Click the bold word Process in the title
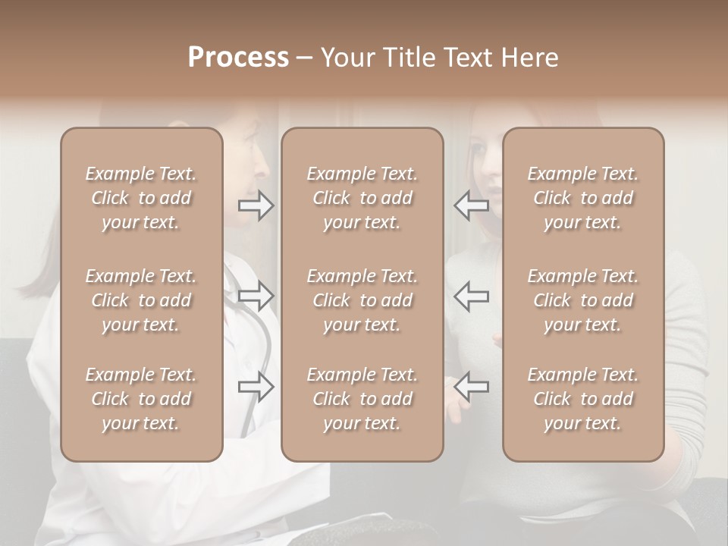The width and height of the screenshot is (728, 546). tap(238, 58)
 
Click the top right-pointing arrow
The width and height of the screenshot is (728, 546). tap(256, 206)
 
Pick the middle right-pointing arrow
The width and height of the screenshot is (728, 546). tap(256, 296)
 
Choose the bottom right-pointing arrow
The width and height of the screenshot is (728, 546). tap(256, 387)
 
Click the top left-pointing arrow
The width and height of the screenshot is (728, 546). tap(471, 206)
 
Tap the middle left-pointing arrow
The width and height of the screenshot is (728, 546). tap(471, 296)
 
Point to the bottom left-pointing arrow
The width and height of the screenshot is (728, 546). tap(471, 387)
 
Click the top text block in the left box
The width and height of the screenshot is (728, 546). tap(141, 198)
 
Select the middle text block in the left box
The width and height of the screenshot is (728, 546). tap(141, 300)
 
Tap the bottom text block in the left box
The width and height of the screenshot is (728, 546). tap(141, 399)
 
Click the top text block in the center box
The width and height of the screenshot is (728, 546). tap(362, 198)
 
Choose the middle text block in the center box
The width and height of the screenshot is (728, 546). tap(362, 300)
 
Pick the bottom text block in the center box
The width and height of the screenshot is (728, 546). tap(362, 399)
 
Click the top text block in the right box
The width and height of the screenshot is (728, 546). tap(582, 198)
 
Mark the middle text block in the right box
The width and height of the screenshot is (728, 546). tap(582, 300)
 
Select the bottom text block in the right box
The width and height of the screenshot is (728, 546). tap(582, 399)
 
